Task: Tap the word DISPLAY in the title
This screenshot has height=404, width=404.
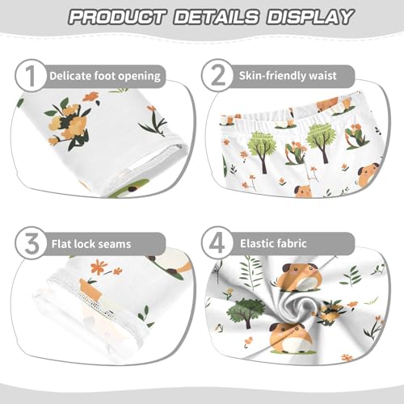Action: tap(311, 16)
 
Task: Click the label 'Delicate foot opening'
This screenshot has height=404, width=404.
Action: tap(104, 76)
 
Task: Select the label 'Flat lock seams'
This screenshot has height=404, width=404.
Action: tap(90, 242)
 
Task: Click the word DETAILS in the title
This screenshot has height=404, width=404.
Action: tap(218, 16)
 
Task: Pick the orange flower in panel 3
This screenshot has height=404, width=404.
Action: tap(99, 266)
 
